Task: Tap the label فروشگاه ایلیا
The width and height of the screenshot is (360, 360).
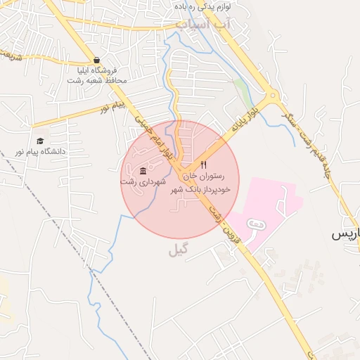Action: coord(99,70)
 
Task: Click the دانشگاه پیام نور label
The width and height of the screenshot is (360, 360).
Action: coord(44,151)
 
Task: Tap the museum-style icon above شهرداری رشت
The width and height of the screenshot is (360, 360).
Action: coord(143,171)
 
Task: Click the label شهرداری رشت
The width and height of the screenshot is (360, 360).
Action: coord(143,181)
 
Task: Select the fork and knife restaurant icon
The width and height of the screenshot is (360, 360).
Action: coord(203,165)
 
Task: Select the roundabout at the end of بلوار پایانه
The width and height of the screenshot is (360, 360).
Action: coord(271,95)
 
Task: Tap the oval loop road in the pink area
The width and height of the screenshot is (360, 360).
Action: coord(256,223)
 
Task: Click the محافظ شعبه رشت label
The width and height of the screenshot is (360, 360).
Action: coord(96,80)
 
